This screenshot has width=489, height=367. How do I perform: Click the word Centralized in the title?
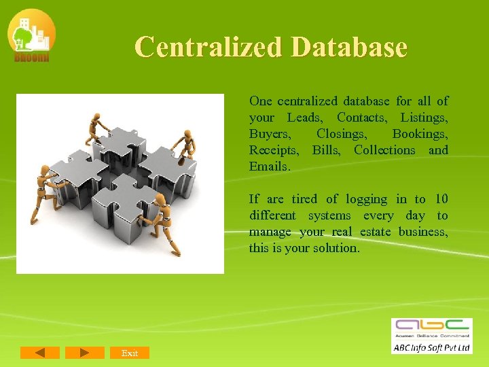coord(209,47)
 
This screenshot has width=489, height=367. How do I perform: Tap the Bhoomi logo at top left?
coord(31,35)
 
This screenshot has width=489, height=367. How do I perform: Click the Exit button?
coord(129,353)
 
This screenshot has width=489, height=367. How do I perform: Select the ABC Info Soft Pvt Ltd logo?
coord(431,335)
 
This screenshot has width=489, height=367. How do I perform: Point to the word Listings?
coord(424,118)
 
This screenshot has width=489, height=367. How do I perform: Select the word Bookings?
coord(420,134)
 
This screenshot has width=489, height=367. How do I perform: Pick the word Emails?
coord(270,167)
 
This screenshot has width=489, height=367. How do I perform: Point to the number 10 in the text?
coord(441,199)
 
